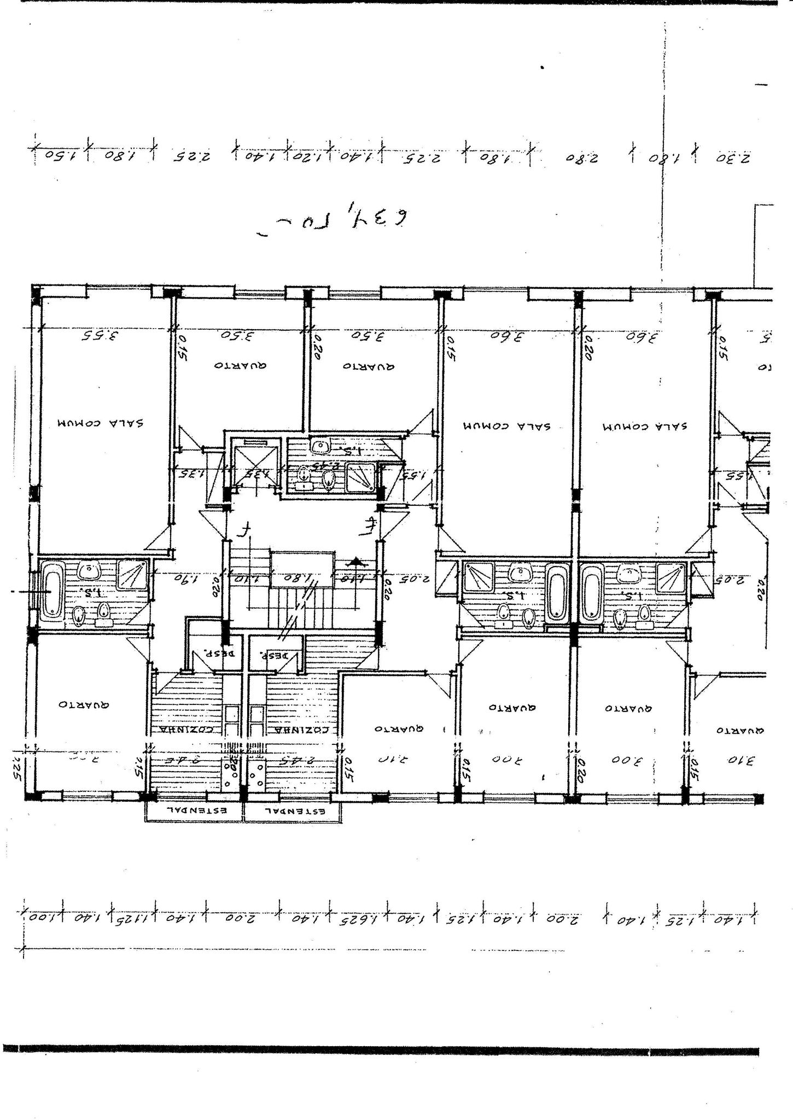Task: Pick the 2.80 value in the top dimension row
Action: (578, 159)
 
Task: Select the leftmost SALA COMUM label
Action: (102, 423)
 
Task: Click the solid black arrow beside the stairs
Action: (356, 561)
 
